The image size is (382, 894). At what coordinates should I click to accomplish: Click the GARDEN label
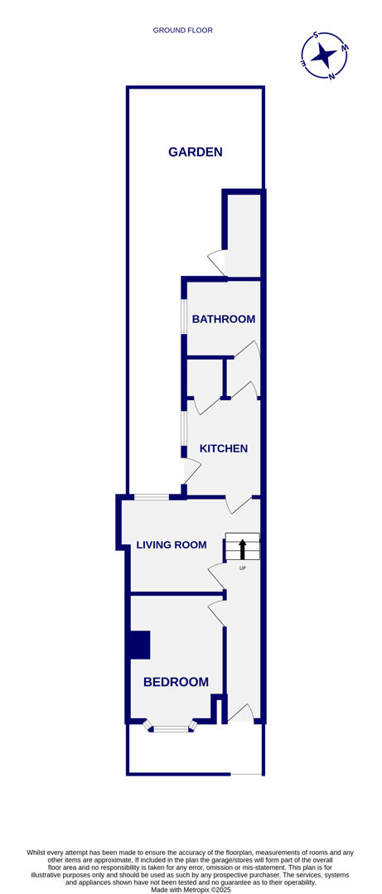click(196, 152)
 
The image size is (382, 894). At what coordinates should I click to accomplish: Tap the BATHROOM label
click(223, 319)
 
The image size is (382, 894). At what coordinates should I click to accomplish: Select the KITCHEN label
click(224, 448)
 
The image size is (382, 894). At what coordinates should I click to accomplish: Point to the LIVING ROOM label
click(172, 544)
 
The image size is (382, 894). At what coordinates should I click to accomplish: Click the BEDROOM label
click(176, 682)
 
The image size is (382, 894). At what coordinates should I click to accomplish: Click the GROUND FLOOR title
click(183, 31)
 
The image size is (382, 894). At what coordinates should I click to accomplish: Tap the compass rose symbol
click(323, 56)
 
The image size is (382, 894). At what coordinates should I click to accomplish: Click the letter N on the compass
click(331, 76)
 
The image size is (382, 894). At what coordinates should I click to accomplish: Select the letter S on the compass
click(316, 36)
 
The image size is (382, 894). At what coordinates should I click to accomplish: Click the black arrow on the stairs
click(243, 548)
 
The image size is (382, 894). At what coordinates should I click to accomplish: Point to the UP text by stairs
click(243, 568)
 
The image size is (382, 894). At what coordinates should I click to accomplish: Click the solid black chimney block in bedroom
click(139, 645)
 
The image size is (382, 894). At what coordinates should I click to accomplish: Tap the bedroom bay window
click(171, 728)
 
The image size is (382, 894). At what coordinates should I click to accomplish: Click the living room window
click(152, 496)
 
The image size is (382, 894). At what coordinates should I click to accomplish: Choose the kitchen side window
click(184, 428)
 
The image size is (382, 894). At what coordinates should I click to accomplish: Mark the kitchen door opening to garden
click(192, 471)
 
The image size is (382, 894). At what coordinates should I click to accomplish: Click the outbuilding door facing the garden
click(217, 262)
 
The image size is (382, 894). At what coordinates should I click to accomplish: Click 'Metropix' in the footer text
click(190, 890)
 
